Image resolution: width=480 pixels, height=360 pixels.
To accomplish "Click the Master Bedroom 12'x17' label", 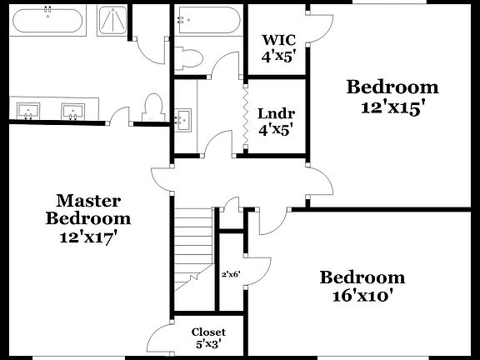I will point(88,218).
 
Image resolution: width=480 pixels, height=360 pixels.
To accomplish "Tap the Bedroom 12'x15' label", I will point(392,96).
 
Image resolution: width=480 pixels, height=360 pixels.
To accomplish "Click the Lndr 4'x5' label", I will point(276,122).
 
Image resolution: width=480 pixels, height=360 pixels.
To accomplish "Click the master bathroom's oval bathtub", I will point(48,20).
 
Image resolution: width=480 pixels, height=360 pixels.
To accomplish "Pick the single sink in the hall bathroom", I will point(183,118).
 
